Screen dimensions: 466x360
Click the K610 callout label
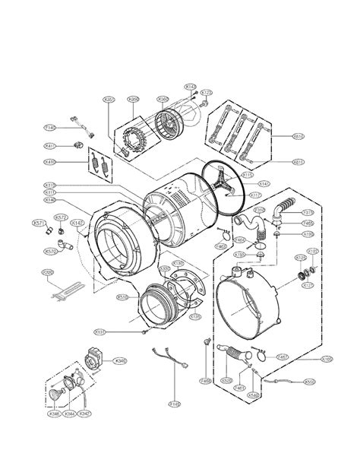tap(298, 136)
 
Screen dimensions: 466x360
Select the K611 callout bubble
tap(298, 161)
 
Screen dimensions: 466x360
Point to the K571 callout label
tap(38, 223)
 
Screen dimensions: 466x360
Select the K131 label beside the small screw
tap(99, 331)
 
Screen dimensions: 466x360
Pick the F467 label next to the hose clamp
tap(282, 357)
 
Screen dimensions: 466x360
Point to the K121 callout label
tap(309, 285)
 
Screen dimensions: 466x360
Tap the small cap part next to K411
tap(77, 144)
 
